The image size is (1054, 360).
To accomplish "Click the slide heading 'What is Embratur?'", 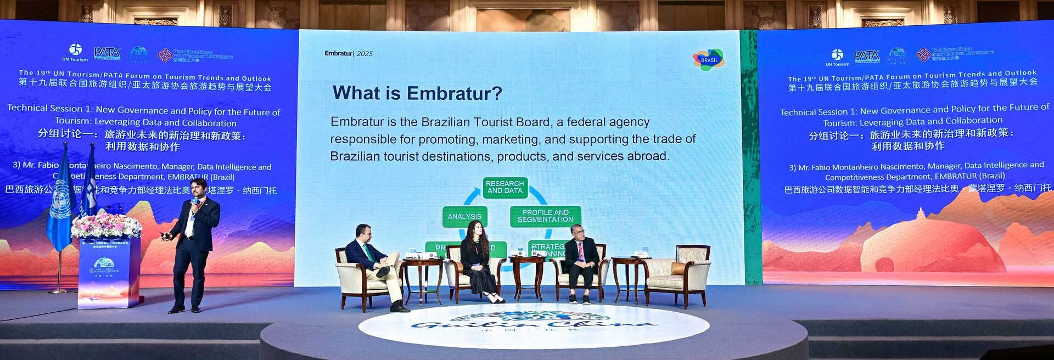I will pos(417,93).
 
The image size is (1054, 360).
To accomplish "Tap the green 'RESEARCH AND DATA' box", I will pos(505,187).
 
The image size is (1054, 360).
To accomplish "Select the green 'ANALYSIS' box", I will pos(464,217).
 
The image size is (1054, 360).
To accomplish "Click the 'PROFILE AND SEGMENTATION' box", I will pos(545,216).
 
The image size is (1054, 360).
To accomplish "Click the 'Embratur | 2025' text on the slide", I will pos(348,53).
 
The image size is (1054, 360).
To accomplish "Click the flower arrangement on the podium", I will pos(106,226).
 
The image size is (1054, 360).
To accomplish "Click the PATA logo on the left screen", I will pos(107,53).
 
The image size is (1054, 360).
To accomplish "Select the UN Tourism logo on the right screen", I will pos(837,57).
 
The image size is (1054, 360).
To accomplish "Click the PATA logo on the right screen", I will pos(867,56).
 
